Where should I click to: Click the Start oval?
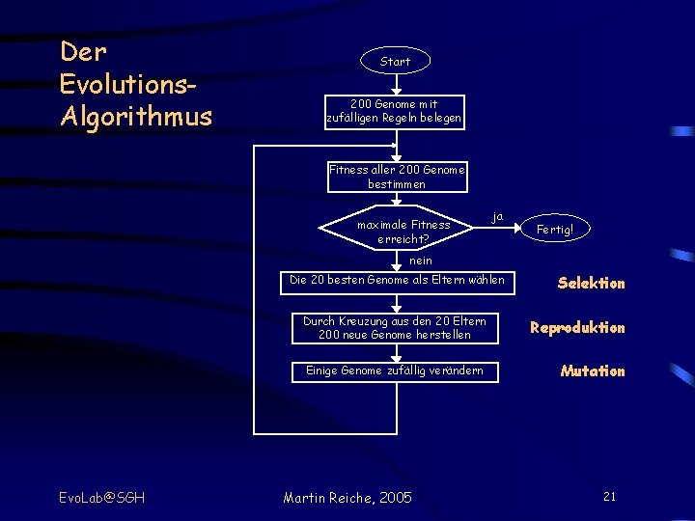(x=395, y=61)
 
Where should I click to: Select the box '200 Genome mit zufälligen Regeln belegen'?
(x=394, y=111)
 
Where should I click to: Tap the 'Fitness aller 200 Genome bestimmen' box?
(x=396, y=177)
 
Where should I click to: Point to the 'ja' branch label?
(x=497, y=216)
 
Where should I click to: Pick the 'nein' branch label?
(x=421, y=260)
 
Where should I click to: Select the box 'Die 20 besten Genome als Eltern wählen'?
(x=397, y=281)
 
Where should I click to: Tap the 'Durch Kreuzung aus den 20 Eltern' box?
(x=394, y=327)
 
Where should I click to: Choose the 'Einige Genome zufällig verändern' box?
(x=394, y=370)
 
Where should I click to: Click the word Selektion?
(x=591, y=283)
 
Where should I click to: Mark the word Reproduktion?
(x=577, y=327)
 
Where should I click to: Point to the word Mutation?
(x=593, y=370)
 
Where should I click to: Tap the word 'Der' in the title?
(x=83, y=50)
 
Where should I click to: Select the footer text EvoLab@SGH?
(x=101, y=497)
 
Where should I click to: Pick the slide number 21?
(x=609, y=496)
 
